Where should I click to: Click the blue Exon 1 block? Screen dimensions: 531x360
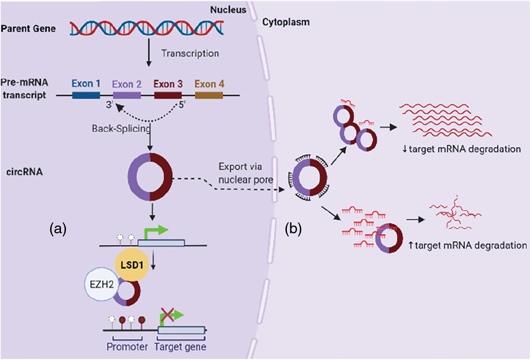click(x=86, y=95)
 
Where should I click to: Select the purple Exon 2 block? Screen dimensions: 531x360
click(x=127, y=95)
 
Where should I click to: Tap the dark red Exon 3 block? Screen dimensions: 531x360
click(x=168, y=95)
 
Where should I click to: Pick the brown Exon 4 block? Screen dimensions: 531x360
click(x=209, y=95)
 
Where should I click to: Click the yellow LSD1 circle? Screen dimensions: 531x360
click(x=132, y=265)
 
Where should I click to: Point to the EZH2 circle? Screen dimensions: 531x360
click(x=102, y=284)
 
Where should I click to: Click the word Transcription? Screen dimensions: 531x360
click(x=190, y=54)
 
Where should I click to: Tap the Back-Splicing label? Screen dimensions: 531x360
click(x=121, y=128)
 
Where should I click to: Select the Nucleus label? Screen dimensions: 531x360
click(x=228, y=10)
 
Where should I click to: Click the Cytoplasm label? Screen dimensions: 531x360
click(x=286, y=22)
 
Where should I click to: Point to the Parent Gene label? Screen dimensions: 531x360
click(x=28, y=29)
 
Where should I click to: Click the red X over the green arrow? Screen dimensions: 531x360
click(x=167, y=315)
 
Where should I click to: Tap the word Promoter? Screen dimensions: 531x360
click(x=127, y=347)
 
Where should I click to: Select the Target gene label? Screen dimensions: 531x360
click(x=180, y=347)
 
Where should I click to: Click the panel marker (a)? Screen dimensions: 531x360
click(x=58, y=229)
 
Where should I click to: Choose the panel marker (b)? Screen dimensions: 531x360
click(x=294, y=229)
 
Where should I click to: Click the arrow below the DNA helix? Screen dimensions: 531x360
click(x=149, y=52)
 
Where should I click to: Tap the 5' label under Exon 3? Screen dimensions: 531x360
click(x=182, y=104)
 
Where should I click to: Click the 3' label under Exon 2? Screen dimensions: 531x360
click(x=109, y=104)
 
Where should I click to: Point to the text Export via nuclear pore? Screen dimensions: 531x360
click(x=246, y=173)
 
